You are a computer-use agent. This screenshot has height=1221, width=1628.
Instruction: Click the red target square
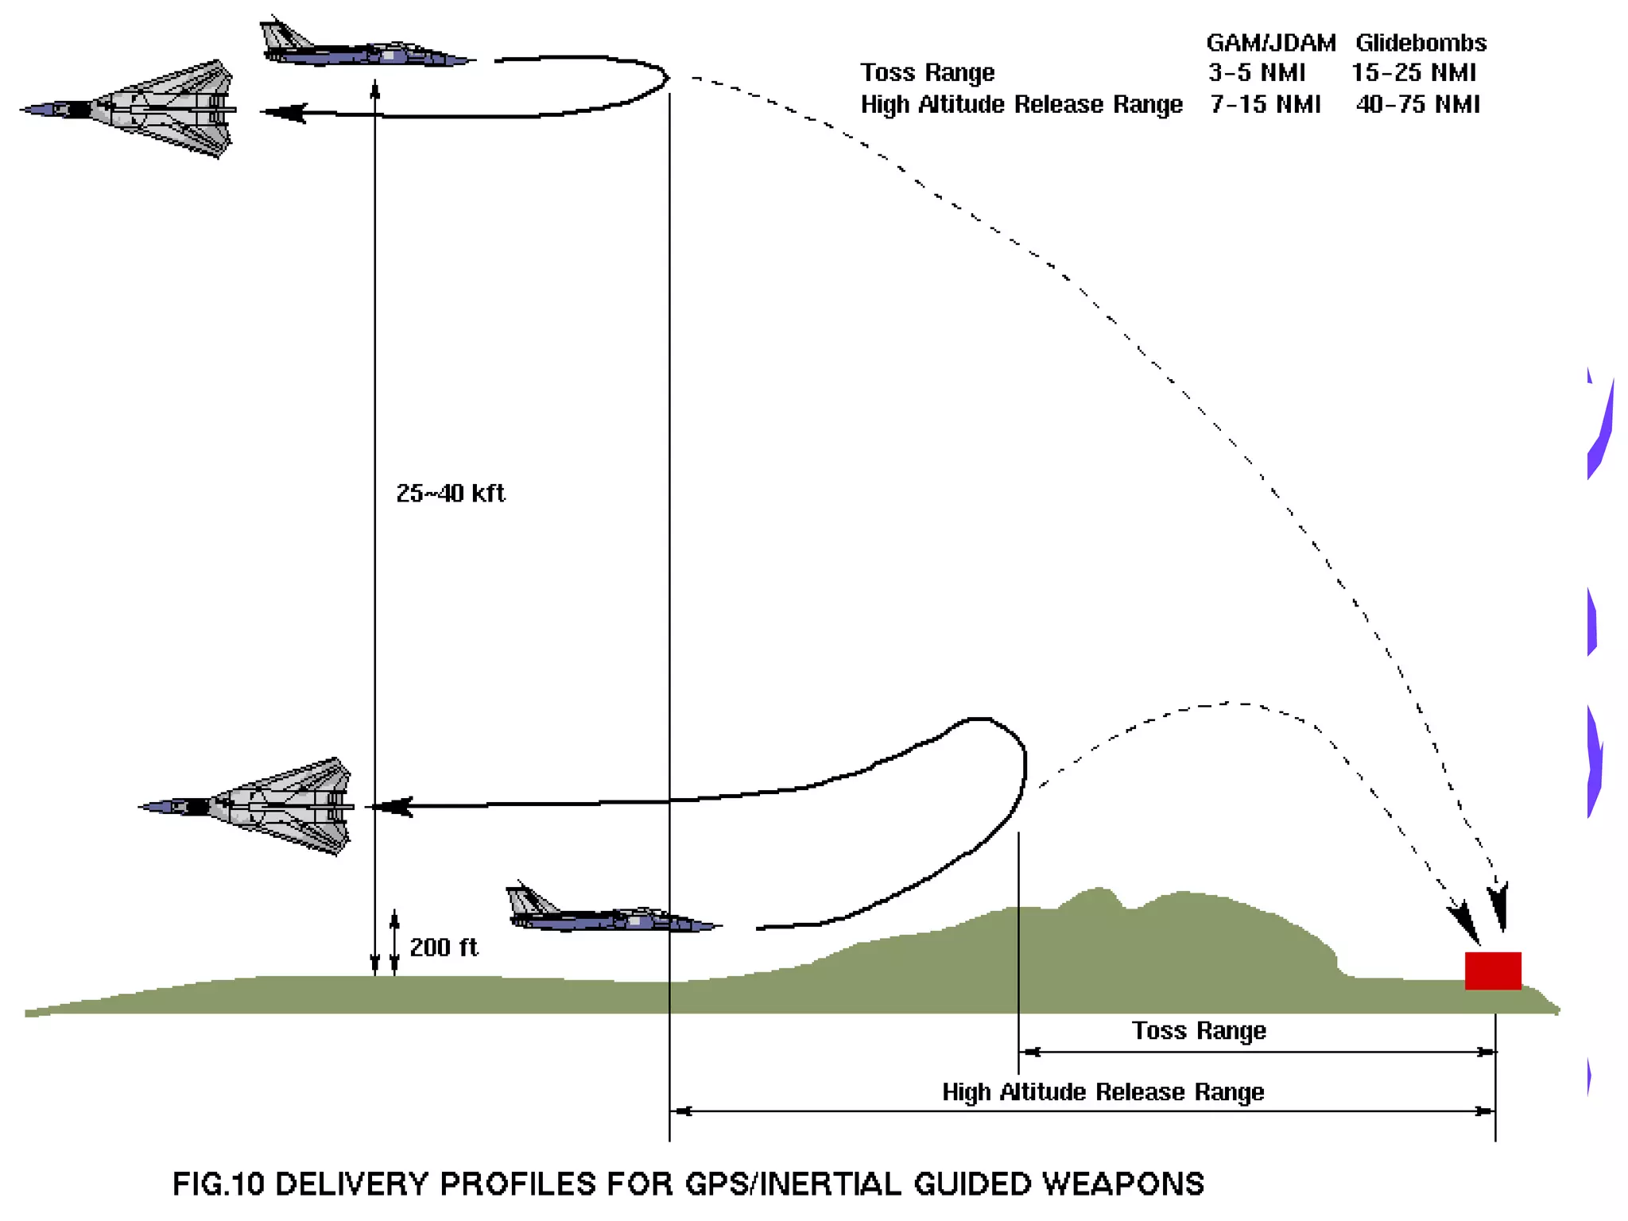pyautogui.click(x=1492, y=970)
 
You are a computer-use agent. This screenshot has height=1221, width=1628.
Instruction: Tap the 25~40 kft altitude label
pyautogui.click(x=450, y=493)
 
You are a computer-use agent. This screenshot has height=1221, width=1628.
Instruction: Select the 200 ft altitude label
pyautogui.click(x=444, y=947)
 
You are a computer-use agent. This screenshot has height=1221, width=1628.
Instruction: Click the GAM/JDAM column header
pyautogui.click(x=1270, y=42)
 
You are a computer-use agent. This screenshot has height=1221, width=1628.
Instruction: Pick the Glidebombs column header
pyautogui.click(x=1421, y=42)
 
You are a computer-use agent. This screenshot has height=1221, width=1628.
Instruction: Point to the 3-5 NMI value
pyautogui.click(x=1257, y=72)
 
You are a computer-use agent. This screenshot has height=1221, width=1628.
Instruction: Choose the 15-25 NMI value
pyautogui.click(x=1413, y=72)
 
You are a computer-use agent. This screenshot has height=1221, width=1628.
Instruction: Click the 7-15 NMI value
pyautogui.click(x=1265, y=104)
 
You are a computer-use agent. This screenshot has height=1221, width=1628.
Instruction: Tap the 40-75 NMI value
pyautogui.click(x=1417, y=104)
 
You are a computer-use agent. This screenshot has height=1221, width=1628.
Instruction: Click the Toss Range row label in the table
pyautogui.click(x=927, y=72)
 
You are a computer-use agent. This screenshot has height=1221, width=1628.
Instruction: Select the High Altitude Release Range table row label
pyautogui.click(x=1021, y=104)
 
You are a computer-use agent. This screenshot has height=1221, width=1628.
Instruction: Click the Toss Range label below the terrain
pyautogui.click(x=1199, y=1030)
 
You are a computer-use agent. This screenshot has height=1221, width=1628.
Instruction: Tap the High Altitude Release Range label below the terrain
pyautogui.click(x=1103, y=1091)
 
